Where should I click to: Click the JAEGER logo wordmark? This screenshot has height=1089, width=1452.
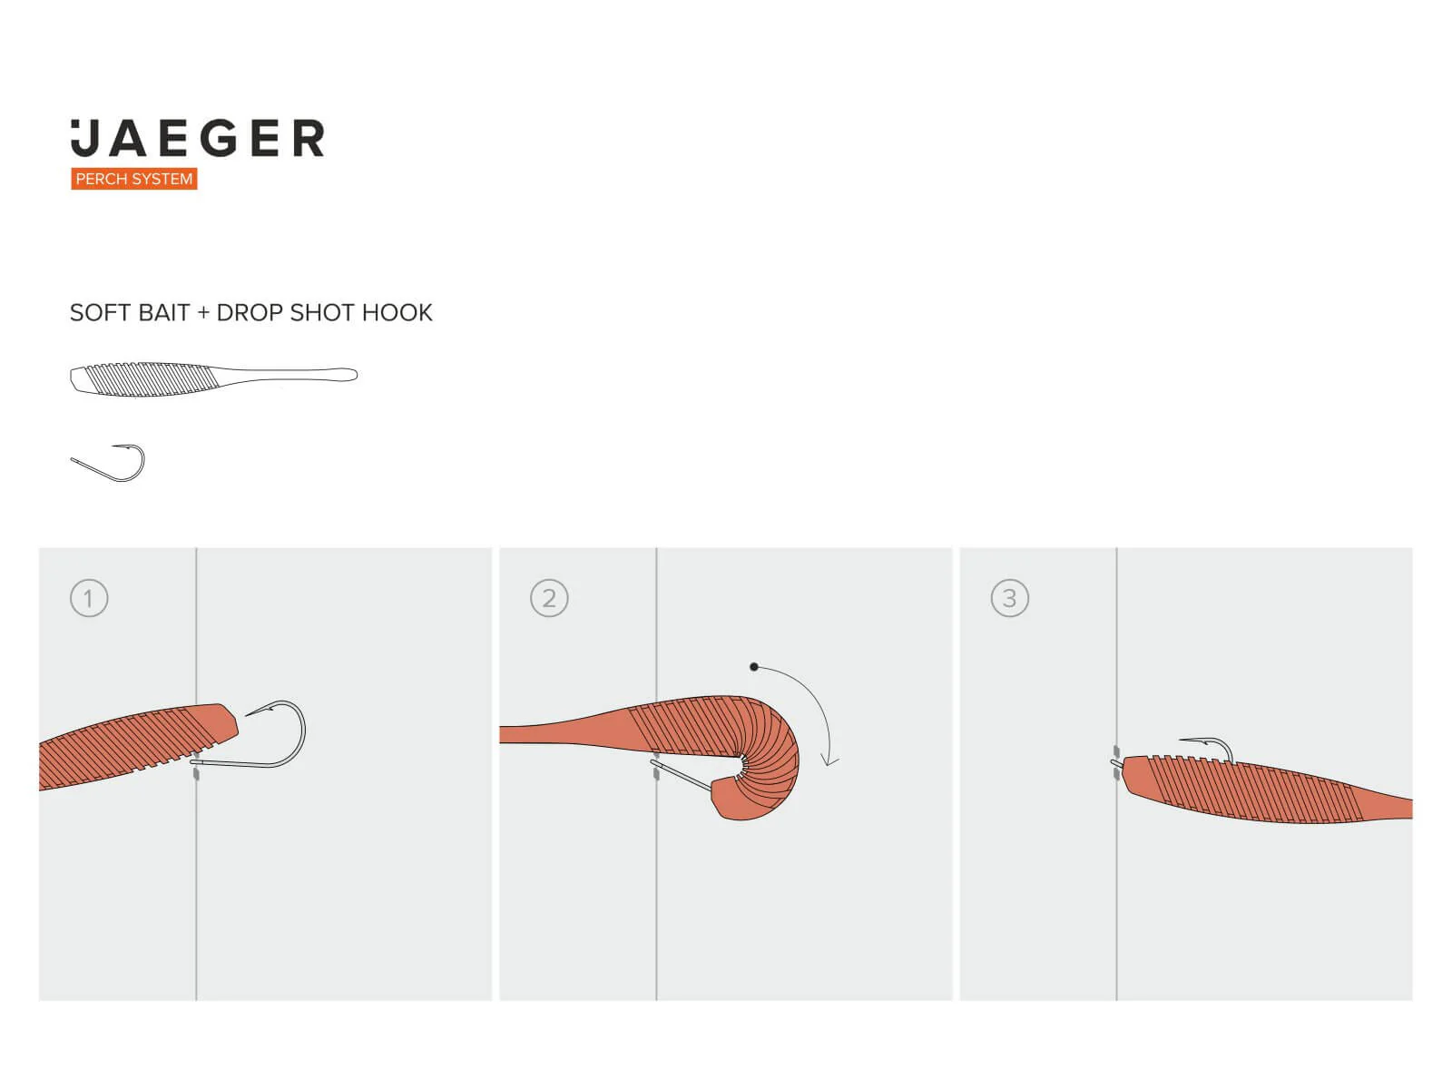click(197, 138)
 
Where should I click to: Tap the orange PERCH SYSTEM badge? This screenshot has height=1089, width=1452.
click(133, 179)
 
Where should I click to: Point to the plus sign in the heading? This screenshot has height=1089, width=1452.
click(203, 313)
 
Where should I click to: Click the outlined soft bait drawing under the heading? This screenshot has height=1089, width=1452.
click(213, 379)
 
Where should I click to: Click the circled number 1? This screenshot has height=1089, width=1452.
click(89, 598)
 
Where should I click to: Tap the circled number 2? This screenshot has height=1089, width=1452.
click(549, 598)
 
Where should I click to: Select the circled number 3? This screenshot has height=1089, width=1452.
click(1009, 598)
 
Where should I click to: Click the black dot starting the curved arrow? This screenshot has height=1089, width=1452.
click(753, 666)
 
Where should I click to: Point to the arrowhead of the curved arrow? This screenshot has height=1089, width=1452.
click(829, 761)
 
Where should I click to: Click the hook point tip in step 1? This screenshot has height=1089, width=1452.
click(246, 715)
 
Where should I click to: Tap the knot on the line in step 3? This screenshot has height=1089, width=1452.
click(1116, 761)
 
